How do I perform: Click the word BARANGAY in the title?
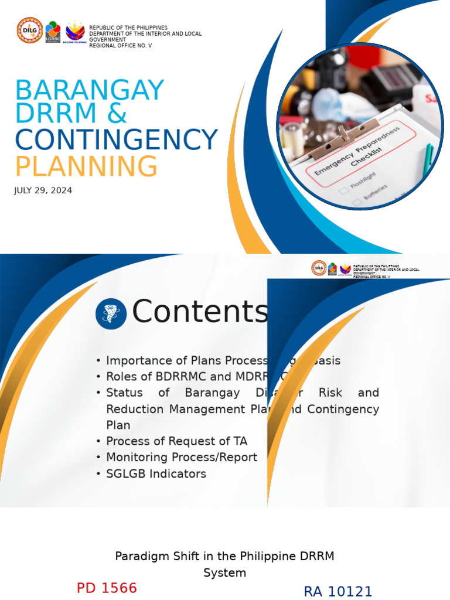(x=90, y=90)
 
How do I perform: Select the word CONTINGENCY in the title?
(x=116, y=140)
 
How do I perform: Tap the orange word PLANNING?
(x=86, y=166)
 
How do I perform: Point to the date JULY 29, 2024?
(x=43, y=190)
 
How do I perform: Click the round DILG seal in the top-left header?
(x=29, y=30)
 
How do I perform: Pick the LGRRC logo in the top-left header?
(x=53, y=32)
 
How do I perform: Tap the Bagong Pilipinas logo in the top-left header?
(x=75, y=32)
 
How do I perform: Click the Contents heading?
(x=200, y=311)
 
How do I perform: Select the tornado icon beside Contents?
(x=111, y=313)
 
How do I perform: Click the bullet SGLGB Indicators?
(x=156, y=473)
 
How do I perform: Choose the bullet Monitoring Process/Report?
(x=181, y=457)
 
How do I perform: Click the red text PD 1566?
(x=107, y=588)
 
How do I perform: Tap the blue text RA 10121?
(x=337, y=591)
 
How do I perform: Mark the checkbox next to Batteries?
(x=356, y=203)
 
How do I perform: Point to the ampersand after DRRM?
(x=117, y=114)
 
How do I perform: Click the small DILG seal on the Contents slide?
(x=319, y=268)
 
